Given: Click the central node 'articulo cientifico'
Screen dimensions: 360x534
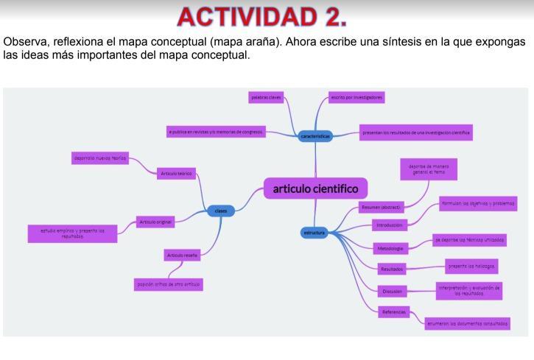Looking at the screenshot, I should click(315, 188).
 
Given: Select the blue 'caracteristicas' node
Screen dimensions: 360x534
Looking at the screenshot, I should click(315, 136).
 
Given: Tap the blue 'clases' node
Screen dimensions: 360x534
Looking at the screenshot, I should click(220, 211).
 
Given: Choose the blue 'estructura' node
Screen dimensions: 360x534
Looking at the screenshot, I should click(315, 233).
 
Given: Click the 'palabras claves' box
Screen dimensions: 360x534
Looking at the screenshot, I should click(265, 97).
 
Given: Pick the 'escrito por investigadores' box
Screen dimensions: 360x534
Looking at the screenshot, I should click(356, 97).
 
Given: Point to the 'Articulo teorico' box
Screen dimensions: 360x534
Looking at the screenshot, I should click(176, 174).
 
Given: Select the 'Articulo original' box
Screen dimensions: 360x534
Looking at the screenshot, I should click(155, 222).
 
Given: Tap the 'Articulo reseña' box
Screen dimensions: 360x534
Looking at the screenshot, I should click(183, 255).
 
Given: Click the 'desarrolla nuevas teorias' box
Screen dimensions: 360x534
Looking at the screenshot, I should click(100, 158).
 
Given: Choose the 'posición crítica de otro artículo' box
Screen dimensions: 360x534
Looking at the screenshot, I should click(169, 283).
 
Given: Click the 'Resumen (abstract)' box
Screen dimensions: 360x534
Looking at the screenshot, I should click(382, 208).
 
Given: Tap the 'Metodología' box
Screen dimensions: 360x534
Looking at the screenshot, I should click(389, 248).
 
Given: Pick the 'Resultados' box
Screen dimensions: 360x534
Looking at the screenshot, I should click(391, 269).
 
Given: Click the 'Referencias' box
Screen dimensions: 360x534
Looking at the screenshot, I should click(394, 312).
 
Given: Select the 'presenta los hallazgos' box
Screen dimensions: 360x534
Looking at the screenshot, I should click(471, 264).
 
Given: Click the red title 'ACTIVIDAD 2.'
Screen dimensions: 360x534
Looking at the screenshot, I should click(262, 15).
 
